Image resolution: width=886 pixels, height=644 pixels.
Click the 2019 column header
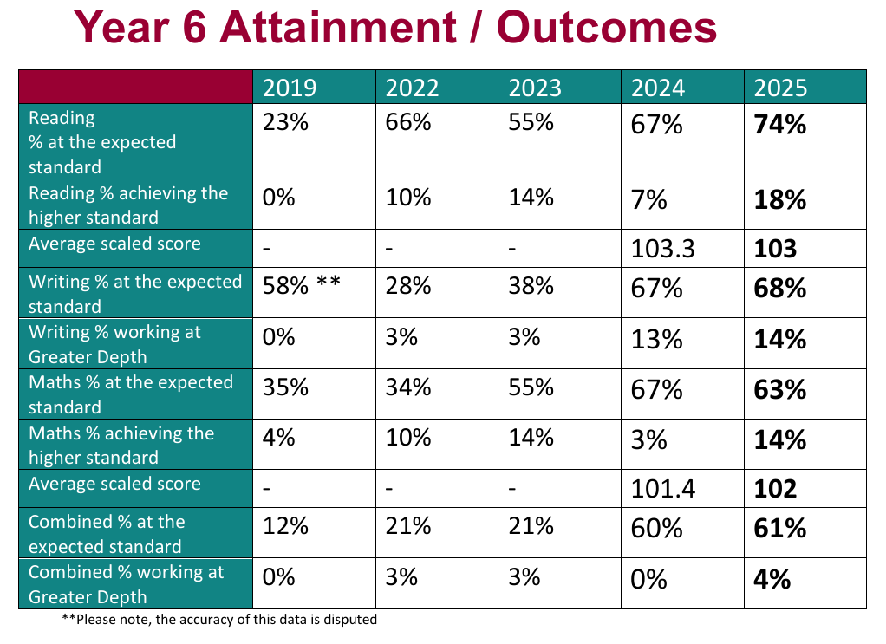coord(290,88)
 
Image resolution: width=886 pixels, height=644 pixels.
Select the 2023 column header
coord(535,88)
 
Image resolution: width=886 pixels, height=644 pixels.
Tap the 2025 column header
coord(780,88)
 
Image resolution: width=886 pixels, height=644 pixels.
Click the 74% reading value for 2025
coord(780,125)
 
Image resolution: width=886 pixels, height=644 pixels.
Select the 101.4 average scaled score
coord(663,490)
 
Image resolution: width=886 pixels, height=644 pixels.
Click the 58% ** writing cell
coord(303,287)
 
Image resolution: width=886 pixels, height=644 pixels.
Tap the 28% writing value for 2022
coord(407,287)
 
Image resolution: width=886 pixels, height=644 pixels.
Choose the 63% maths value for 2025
coord(780,389)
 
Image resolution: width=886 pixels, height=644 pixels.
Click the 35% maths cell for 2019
coord(285,387)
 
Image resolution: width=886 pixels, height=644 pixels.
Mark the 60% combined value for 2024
coord(656,527)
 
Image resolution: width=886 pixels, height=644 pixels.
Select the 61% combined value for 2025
coord(780,527)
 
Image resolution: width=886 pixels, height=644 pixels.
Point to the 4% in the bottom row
coord(772,578)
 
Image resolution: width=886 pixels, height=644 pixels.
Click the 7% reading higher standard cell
coord(649,200)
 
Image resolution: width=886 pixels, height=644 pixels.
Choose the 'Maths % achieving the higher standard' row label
coord(121,445)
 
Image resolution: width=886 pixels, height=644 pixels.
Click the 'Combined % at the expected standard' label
coord(107,534)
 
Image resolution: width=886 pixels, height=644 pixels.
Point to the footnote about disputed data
coord(219,620)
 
